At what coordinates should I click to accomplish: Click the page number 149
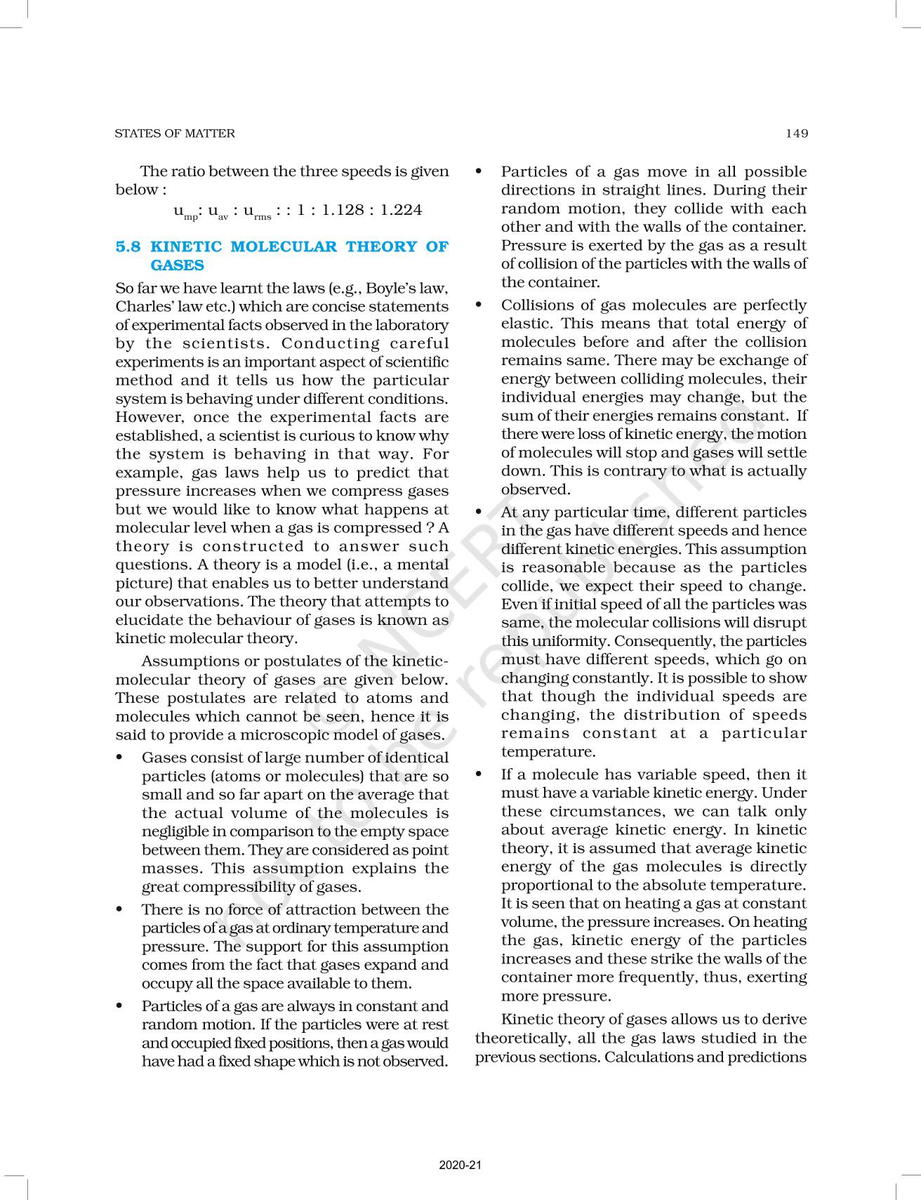tap(797, 133)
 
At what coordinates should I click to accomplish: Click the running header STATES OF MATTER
tap(175, 133)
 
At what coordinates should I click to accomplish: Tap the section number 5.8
tap(128, 246)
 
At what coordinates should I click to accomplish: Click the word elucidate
tap(147, 620)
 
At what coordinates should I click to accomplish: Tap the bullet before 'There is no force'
tap(121, 909)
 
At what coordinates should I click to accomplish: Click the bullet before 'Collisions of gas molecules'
tap(479, 305)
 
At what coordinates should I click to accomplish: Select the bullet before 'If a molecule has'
tap(479, 774)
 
